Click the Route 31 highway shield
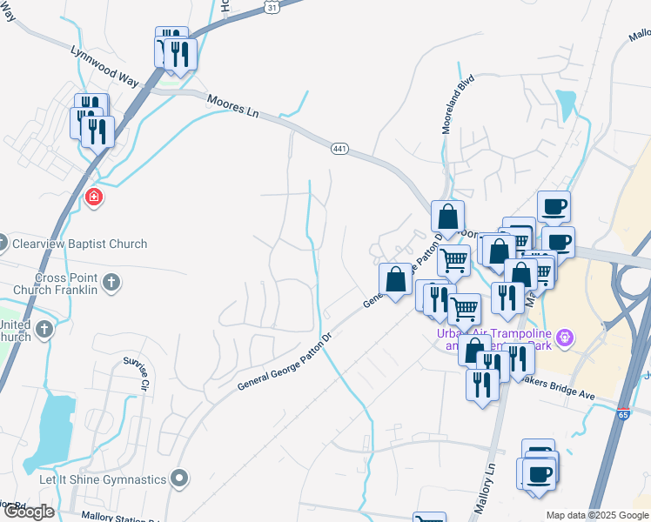coord(272,6)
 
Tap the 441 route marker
coord(339,150)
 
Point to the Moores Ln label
coord(234,107)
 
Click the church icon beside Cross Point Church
coord(110,282)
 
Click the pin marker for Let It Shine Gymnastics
coord(180,478)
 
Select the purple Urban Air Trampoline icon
coord(565,336)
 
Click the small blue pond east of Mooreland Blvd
coord(567,104)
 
